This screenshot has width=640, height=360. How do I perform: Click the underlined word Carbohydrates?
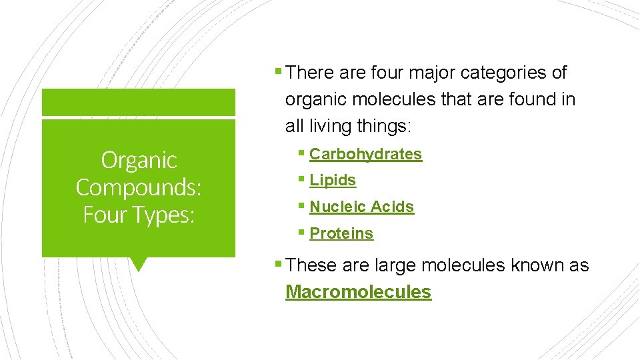pos(365,154)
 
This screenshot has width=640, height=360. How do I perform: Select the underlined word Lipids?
pos(333,180)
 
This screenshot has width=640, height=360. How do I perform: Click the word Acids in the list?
pos(392,207)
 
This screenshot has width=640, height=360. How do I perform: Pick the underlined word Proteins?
pos(341,233)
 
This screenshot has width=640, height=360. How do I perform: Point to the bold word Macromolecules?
pos(358,292)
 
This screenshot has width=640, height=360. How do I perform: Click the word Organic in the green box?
pos(139,160)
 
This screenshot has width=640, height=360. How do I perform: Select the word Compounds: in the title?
pos(139,187)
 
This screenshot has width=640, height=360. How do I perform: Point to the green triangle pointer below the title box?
pos(138,264)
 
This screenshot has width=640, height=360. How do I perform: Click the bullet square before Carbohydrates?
pos(302,153)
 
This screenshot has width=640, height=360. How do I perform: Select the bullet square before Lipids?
pos(302,179)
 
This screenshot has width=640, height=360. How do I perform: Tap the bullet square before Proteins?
pos(302,233)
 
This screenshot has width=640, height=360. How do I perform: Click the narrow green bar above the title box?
pos(139,103)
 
